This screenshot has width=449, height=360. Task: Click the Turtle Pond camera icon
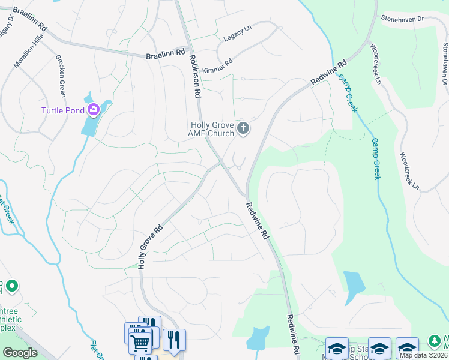point(93,109)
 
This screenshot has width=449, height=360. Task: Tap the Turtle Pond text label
point(62,110)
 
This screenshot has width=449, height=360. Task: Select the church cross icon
point(243,128)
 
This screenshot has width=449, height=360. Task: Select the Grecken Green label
point(61,76)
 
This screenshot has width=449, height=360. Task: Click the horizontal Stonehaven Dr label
point(402,19)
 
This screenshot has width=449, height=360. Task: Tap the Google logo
point(20,353)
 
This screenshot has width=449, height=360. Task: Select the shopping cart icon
point(140,343)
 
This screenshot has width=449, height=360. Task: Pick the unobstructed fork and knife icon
point(174,340)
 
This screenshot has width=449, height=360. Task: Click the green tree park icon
point(435,341)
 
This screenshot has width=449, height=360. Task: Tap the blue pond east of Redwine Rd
point(354,285)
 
